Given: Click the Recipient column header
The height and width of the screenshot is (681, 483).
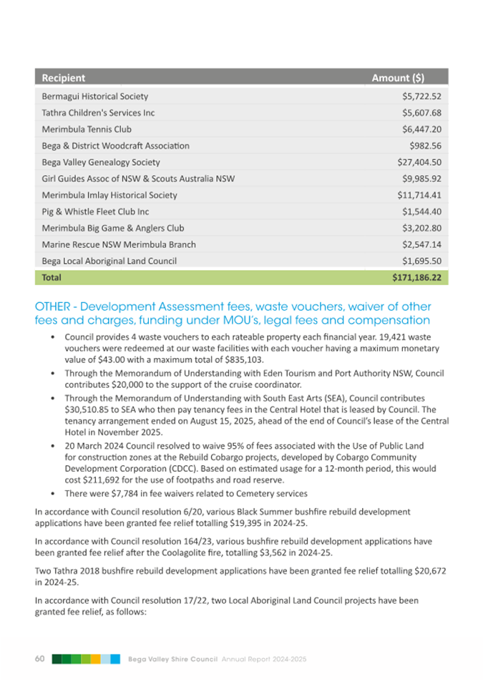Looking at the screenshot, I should point(64,78).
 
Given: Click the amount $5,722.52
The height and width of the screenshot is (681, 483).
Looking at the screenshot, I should point(421,96).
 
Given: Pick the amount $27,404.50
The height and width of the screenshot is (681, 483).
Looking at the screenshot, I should point(418,162).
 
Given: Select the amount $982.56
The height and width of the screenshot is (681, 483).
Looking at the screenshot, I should point(424,146).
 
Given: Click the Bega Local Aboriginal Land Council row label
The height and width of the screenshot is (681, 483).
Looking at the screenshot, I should point(109,261).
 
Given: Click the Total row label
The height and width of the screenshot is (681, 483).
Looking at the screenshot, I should point(52,277).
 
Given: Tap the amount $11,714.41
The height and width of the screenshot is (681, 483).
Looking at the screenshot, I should point(418,195).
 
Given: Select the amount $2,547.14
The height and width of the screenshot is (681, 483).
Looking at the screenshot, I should point(421,244).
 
